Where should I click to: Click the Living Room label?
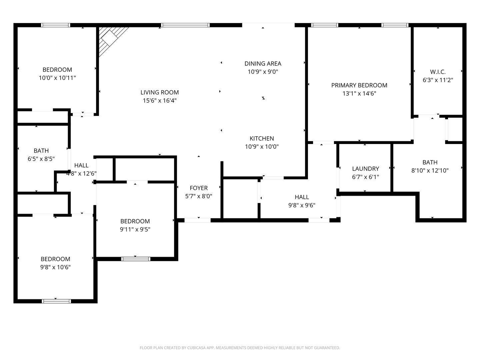tap(159, 92)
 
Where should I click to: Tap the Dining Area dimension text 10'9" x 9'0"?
tap(263, 72)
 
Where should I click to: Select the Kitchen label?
tap(262, 138)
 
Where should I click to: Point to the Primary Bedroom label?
tap(359, 85)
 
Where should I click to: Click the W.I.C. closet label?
tap(438, 72)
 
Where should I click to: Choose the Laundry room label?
tap(365, 169)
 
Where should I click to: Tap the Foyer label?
tap(199, 188)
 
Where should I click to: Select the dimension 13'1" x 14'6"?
tap(359, 94)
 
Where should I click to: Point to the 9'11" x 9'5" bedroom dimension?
tap(135, 229)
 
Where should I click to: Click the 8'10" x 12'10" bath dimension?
tap(430, 170)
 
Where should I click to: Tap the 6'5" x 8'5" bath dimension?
tap(41, 159)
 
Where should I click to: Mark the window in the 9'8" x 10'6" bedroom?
tap(56, 301)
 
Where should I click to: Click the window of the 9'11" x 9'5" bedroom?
tap(136, 259)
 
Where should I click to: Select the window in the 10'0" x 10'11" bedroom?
tap(56, 25)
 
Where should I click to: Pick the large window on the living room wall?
tap(185, 25)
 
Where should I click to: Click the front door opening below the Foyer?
tap(197, 220)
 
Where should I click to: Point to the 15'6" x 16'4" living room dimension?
tap(159, 101)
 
